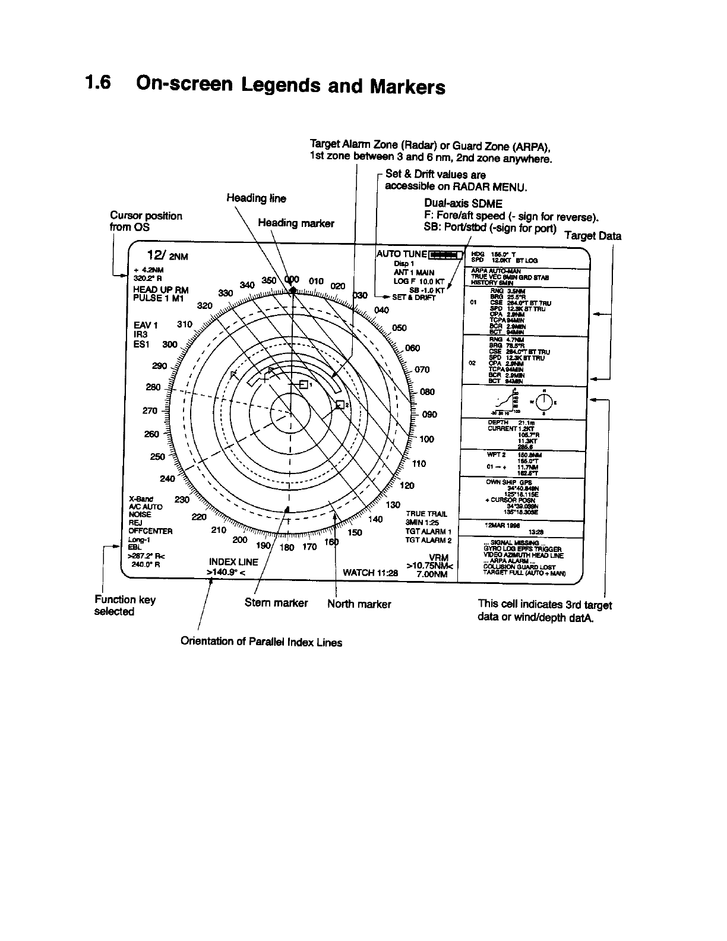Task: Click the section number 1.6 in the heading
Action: point(99,83)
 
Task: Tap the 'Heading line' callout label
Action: point(256,198)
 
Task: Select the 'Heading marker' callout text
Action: point(296,223)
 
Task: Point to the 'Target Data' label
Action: point(593,236)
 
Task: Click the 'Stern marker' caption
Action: point(276,603)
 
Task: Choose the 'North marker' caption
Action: point(359,604)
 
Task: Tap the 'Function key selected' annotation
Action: point(125,605)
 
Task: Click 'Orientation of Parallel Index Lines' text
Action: point(261,642)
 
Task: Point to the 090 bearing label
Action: point(429,415)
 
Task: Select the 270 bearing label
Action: point(150,410)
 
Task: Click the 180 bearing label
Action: point(286,547)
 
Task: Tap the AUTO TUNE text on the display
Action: point(402,254)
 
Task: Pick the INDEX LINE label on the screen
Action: point(233,561)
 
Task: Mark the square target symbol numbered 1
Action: point(303,385)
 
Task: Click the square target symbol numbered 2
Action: point(340,405)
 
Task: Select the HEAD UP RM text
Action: point(161,290)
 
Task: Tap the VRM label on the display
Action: point(438,557)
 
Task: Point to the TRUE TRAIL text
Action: point(426,514)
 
